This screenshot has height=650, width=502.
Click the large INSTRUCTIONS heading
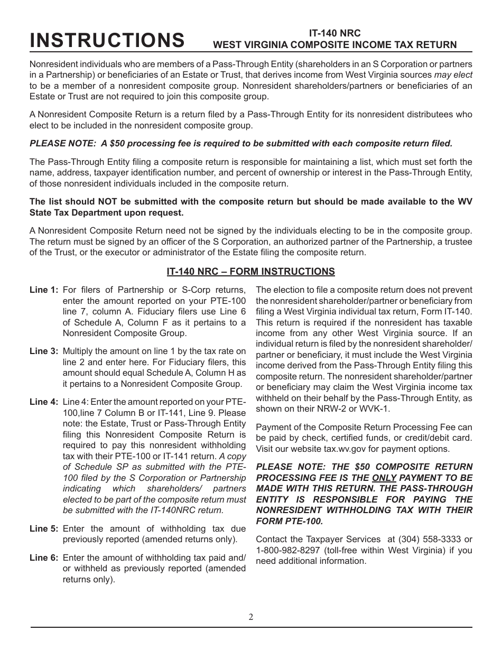coord(107,40)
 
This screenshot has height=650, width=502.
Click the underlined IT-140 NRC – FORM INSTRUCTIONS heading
coord(250,272)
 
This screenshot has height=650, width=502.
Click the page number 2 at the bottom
coord(251,617)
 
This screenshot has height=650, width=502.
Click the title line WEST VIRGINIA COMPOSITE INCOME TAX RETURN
coord(334,45)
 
